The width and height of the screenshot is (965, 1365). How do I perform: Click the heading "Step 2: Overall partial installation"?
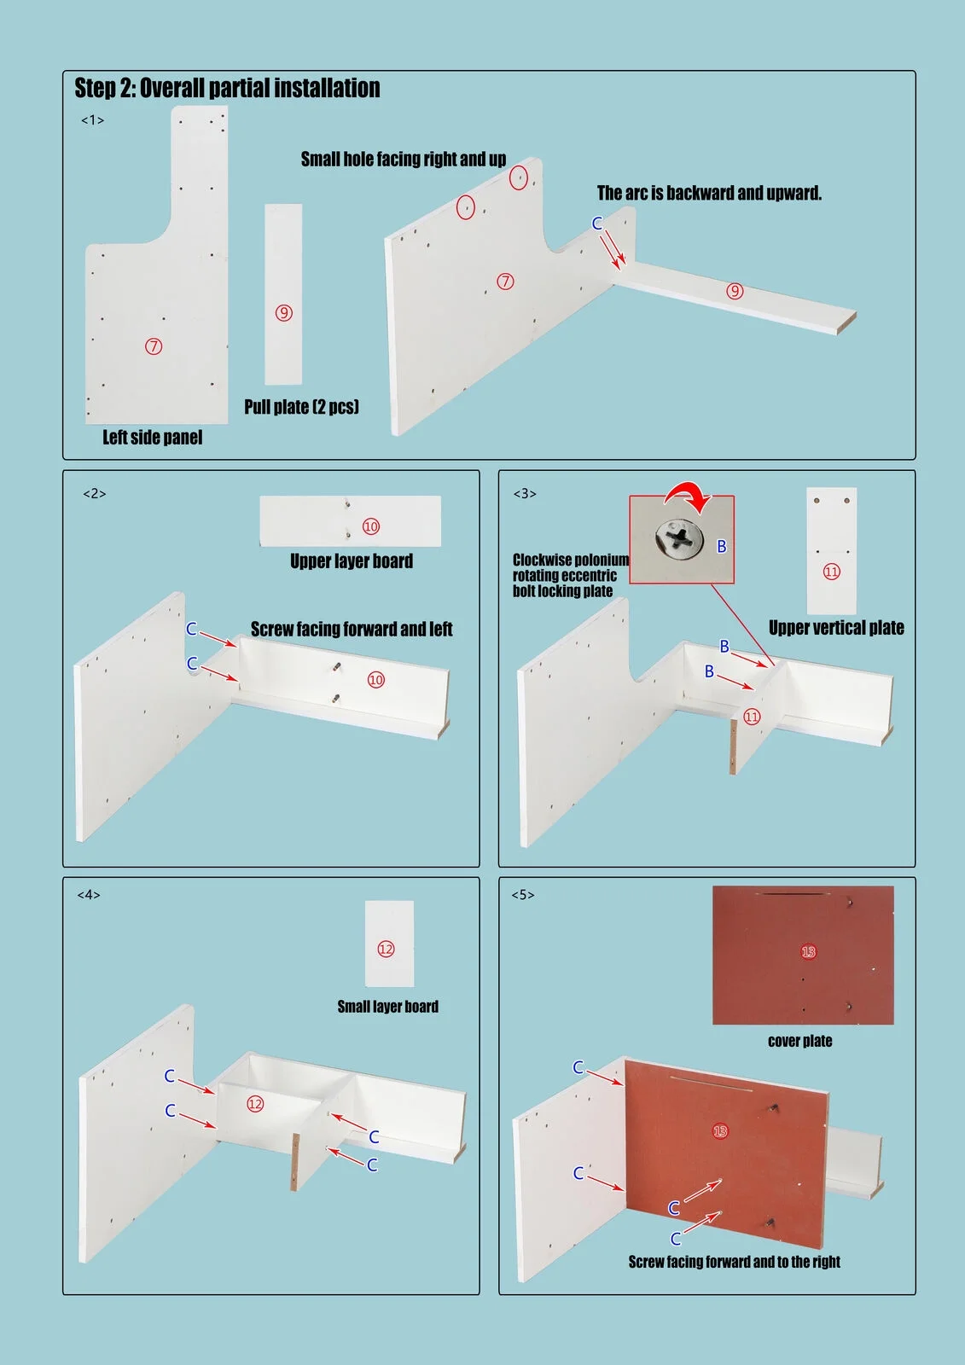click(227, 88)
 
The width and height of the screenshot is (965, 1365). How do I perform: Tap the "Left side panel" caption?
click(153, 438)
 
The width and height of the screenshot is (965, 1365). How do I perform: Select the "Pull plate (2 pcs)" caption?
click(301, 407)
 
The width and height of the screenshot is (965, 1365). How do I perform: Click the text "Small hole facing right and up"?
click(403, 160)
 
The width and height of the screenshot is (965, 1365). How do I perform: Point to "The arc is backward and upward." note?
click(709, 194)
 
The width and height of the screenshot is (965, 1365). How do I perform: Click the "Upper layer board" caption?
click(352, 561)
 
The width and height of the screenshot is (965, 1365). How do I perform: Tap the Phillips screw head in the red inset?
click(679, 540)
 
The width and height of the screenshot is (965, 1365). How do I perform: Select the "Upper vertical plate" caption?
click(836, 628)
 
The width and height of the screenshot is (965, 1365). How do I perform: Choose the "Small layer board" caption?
click(387, 1007)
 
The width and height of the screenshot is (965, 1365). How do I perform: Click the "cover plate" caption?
click(799, 1041)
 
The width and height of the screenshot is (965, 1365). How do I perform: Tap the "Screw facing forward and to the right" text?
click(734, 1262)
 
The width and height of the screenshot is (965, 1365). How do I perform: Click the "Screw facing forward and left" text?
click(352, 630)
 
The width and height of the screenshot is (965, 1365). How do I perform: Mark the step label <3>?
click(525, 494)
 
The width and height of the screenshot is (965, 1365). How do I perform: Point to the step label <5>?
click(523, 895)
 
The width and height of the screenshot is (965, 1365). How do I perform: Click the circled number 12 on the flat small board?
click(386, 949)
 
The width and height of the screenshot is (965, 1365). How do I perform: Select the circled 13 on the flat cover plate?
click(808, 951)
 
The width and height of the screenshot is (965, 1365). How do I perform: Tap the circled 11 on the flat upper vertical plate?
click(831, 572)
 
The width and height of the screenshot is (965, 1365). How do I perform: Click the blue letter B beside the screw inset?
click(721, 546)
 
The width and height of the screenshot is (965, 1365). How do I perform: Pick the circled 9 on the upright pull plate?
click(284, 313)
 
